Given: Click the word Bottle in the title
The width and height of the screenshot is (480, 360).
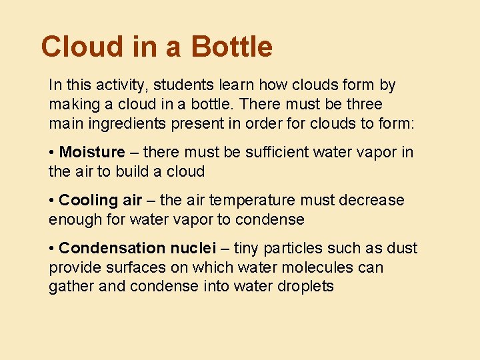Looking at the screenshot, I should pyautogui.click(x=231, y=47).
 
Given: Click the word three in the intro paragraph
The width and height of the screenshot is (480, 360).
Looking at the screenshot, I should pyautogui.click(x=363, y=105).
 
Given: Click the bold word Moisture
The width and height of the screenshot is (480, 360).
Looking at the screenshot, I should pyautogui.click(x=92, y=153).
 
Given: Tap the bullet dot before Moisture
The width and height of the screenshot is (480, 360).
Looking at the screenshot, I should pyautogui.click(x=52, y=153).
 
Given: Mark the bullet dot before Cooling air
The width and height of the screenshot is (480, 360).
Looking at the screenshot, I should pyautogui.click(x=52, y=201).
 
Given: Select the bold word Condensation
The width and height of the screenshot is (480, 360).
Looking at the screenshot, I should pyautogui.click(x=112, y=249).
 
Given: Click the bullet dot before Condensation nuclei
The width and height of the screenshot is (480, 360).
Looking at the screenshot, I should pyautogui.click(x=52, y=249).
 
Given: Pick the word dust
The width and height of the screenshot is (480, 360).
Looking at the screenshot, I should pyautogui.click(x=403, y=249).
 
